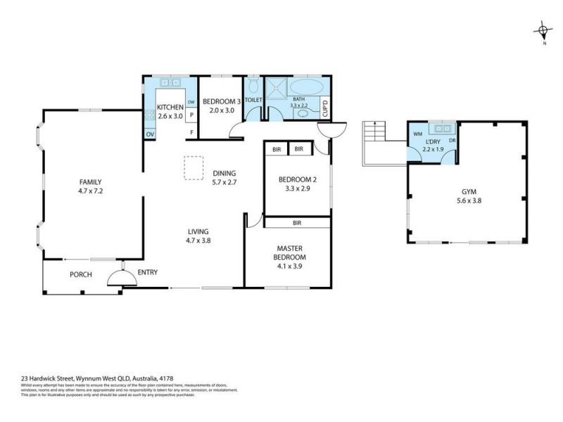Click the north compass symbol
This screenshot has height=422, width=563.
(543, 30)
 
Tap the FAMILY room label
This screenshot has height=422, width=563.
(91, 181)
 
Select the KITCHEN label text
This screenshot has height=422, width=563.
(170, 108)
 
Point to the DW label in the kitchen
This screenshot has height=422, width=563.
(191, 102)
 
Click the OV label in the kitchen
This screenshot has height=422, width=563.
(150, 134)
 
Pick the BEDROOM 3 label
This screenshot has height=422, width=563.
(221, 101)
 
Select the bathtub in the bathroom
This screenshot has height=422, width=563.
(308, 89)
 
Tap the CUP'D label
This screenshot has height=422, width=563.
(324, 109)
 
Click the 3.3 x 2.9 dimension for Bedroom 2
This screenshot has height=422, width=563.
(296, 188)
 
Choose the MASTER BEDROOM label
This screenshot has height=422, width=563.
(289, 252)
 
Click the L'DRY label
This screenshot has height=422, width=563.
(433, 141)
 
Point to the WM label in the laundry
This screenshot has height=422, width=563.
(417, 133)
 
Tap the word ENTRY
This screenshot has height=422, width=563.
(148, 273)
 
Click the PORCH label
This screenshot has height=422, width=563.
(80, 274)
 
